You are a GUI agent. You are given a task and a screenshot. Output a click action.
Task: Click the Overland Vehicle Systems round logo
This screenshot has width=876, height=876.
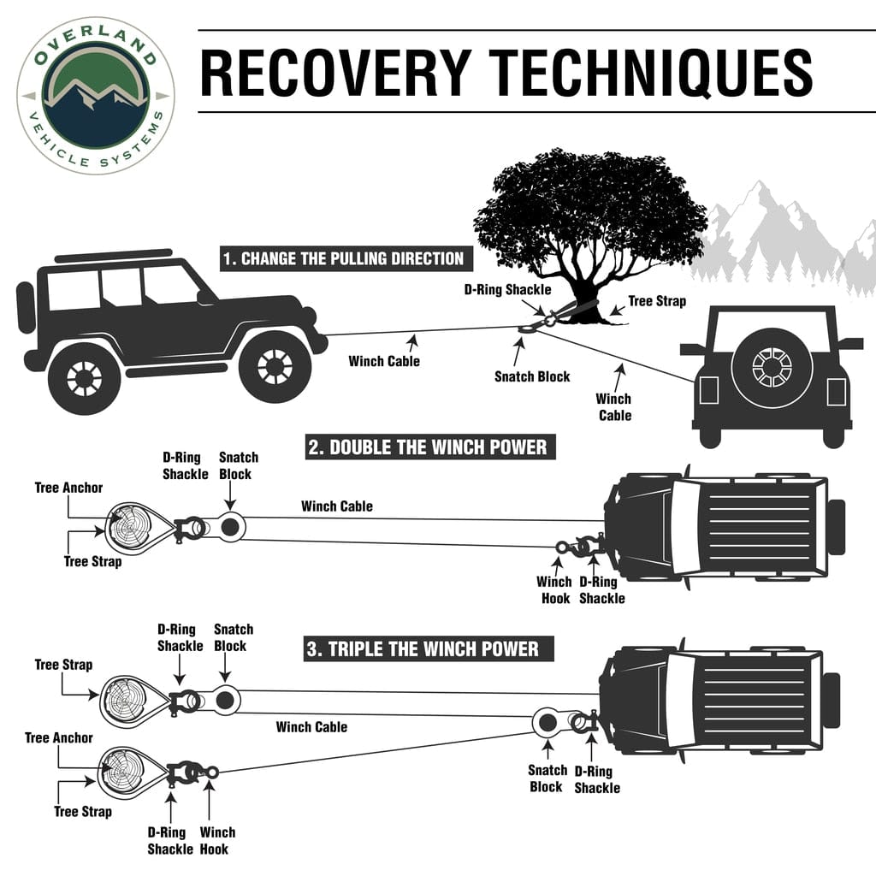pyautogui.click(x=96, y=94)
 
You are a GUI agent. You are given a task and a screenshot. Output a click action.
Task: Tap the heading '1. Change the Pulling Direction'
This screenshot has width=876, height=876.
pyautogui.click(x=342, y=258)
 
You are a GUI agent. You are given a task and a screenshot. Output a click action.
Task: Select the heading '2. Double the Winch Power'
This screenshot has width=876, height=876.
pyautogui.click(x=428, y=447)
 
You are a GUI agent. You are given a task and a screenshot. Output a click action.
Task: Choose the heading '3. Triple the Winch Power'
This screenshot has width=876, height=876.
pyautogui.click(x=423, y=648)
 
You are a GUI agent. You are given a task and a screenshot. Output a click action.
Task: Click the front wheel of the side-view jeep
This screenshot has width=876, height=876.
pyautogui.click(x=275, y=366)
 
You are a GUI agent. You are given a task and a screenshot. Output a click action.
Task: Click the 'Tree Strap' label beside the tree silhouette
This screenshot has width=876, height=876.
pyautogui.click(x=657, y=301)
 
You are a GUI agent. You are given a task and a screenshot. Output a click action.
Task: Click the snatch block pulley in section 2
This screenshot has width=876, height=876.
pyautogui.click(x=229, y=528)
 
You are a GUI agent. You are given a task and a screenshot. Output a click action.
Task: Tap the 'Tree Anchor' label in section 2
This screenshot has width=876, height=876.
pyautogui.click(x=68, y=488)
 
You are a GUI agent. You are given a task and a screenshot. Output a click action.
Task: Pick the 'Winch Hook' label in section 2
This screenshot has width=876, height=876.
pyautogui.click(x=554, y=589)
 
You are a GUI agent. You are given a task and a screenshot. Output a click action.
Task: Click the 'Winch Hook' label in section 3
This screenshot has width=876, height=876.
pyautogui.click(x=217, y=840)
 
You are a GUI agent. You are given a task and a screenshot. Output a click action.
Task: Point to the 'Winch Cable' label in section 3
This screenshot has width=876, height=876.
pyautogui.click(x=311, y=727)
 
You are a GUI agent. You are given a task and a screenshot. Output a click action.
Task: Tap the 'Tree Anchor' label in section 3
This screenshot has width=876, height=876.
pyautogui.click(x=59, y=737)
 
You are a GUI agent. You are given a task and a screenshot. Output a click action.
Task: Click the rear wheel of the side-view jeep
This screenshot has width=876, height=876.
pyautogui.click(x=84, y=376)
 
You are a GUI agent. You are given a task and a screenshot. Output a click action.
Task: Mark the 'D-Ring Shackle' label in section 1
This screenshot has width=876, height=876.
pyautogui.click(x=507, y=290)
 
